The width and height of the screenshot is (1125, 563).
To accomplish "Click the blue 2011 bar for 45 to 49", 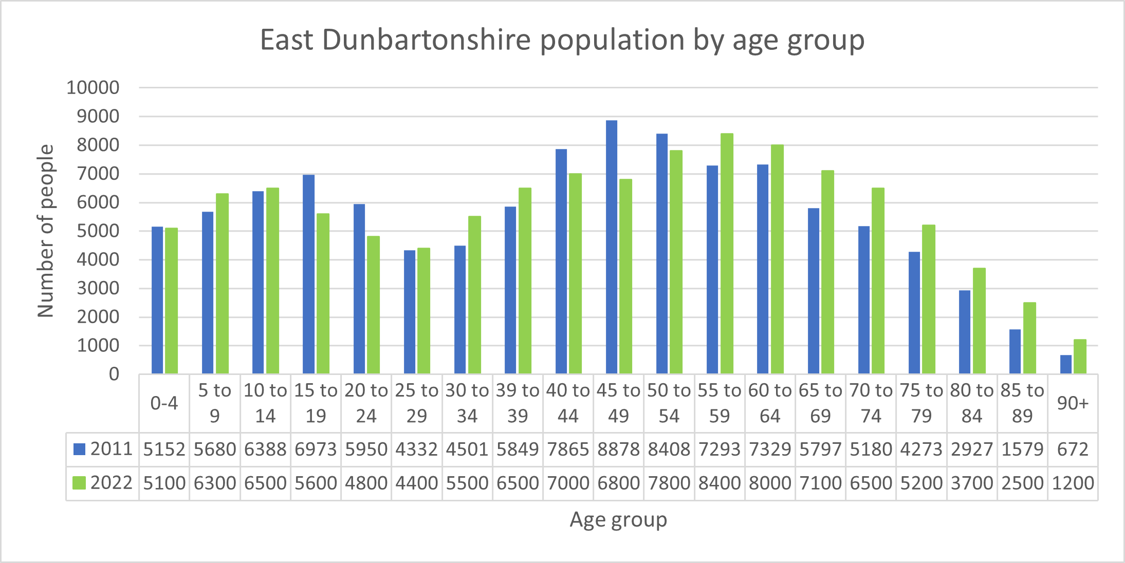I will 612,247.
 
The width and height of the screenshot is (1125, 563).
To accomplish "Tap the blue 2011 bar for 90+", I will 1066,364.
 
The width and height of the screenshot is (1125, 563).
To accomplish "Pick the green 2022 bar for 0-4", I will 171,301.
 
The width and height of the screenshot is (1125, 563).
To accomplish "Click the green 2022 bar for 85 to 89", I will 1029,337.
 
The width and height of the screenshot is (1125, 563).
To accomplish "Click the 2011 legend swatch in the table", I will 79,449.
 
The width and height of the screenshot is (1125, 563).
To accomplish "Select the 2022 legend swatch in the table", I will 79,483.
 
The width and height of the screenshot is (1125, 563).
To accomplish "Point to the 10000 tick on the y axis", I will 93,88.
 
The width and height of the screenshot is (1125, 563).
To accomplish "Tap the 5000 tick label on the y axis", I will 98,231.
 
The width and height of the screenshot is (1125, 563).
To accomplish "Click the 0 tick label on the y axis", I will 114,374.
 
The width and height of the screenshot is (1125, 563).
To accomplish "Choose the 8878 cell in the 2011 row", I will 618,449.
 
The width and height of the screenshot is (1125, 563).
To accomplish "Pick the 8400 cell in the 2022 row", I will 720,483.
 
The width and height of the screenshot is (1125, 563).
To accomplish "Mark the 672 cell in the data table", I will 1073,449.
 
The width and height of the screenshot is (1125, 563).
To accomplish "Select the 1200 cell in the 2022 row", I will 1073,483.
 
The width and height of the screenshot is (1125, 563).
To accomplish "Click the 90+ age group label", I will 1073,403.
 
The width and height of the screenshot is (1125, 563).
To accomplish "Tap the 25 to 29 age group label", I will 416,403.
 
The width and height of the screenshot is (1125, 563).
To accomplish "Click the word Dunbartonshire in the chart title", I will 427,40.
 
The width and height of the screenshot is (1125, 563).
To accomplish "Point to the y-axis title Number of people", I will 46,231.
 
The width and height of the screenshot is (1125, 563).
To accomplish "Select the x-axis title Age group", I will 618,520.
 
